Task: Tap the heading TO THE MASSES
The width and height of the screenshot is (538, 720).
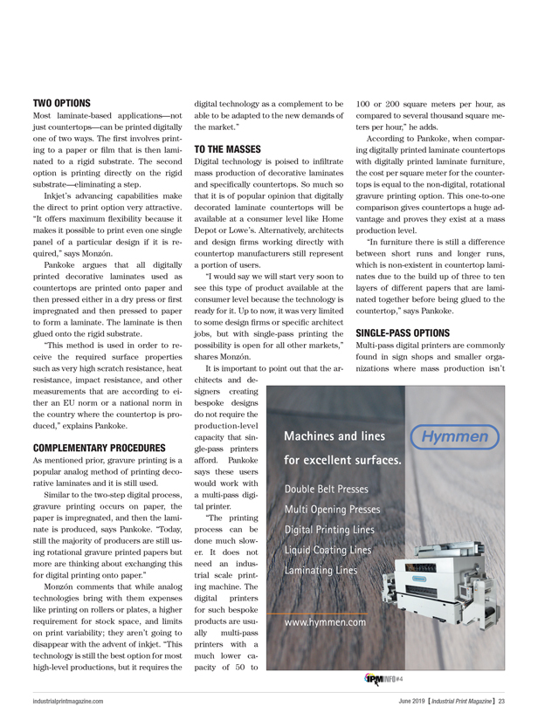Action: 227,149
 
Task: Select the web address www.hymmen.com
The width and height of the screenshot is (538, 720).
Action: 325,647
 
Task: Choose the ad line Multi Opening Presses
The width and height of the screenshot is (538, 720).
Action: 332,509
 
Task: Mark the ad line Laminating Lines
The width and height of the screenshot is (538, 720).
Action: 320,570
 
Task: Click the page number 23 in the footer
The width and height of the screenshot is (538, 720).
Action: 503,701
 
